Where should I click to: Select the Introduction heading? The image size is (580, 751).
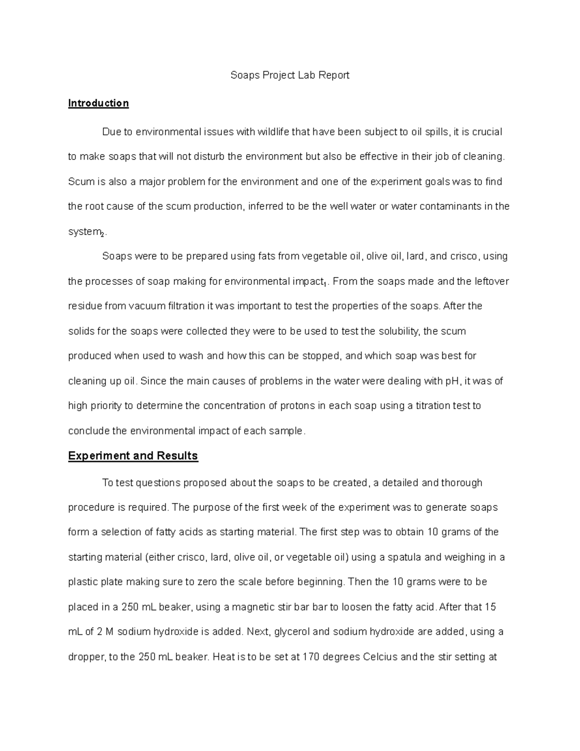[98, 103]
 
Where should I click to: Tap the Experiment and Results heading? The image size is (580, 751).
[133, 456]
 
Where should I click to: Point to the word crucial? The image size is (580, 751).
[486, 132]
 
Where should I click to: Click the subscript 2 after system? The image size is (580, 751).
[102, 235]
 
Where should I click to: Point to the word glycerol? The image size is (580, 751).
[295, 632]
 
